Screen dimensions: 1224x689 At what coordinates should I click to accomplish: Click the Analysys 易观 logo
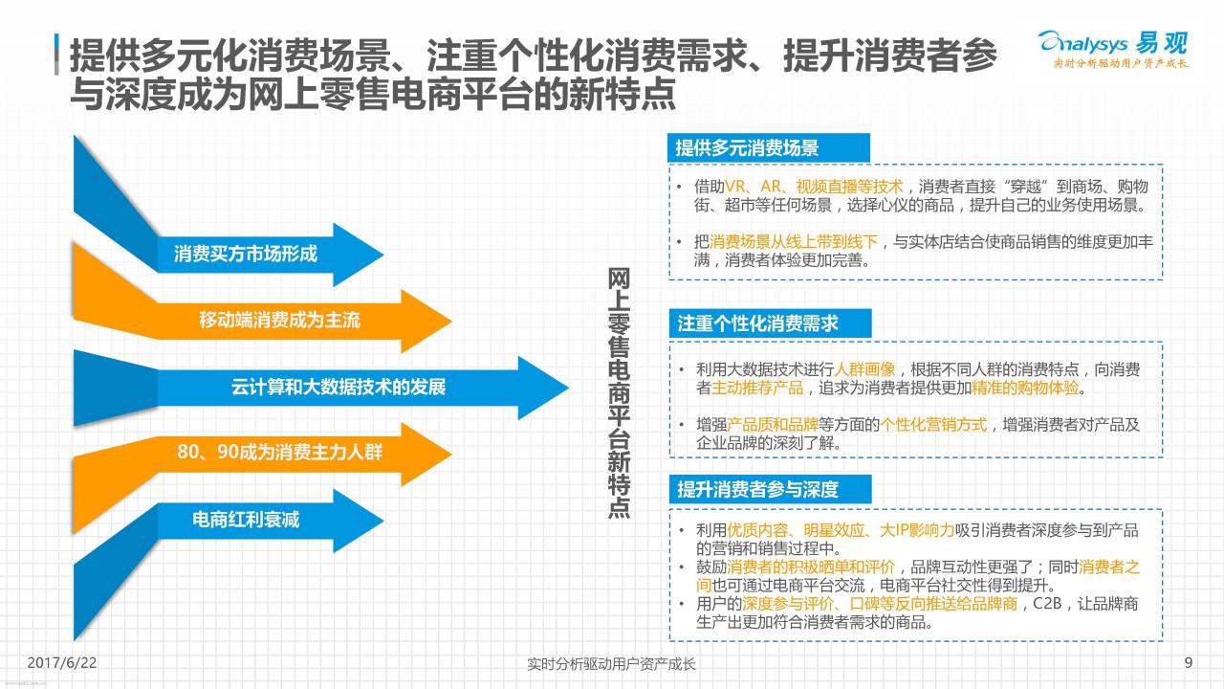click(1113, 49)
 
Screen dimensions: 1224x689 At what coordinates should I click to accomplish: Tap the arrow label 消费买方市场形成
click(246, 254)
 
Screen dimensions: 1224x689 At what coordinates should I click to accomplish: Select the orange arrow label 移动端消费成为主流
click(279, 320)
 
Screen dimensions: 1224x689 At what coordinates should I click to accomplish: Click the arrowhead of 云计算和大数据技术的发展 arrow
click(543, 388)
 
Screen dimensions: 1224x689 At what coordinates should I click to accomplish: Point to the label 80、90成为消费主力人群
click(280, 453)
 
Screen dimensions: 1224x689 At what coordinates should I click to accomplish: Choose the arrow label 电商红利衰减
click(246, 520)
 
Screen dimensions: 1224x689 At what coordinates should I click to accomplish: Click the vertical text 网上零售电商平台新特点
click(619, 392)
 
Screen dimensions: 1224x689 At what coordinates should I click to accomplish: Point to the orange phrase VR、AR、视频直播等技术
click(814, 187)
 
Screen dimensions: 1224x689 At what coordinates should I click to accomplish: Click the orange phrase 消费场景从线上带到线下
click(794, 242)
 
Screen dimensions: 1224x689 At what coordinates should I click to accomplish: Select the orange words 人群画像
click(864, 369)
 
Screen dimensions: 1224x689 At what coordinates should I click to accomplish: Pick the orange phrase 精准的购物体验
click(1025, 388)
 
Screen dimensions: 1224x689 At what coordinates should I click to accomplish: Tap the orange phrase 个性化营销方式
click(933, 424)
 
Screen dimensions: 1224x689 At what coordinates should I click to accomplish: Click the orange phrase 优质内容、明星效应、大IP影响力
click(841, 530)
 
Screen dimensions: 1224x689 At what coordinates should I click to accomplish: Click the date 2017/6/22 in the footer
click(62, 663)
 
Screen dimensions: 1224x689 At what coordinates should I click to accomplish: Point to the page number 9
click(1189, 663)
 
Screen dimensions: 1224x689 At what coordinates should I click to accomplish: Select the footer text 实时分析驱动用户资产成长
click(611, 664)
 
